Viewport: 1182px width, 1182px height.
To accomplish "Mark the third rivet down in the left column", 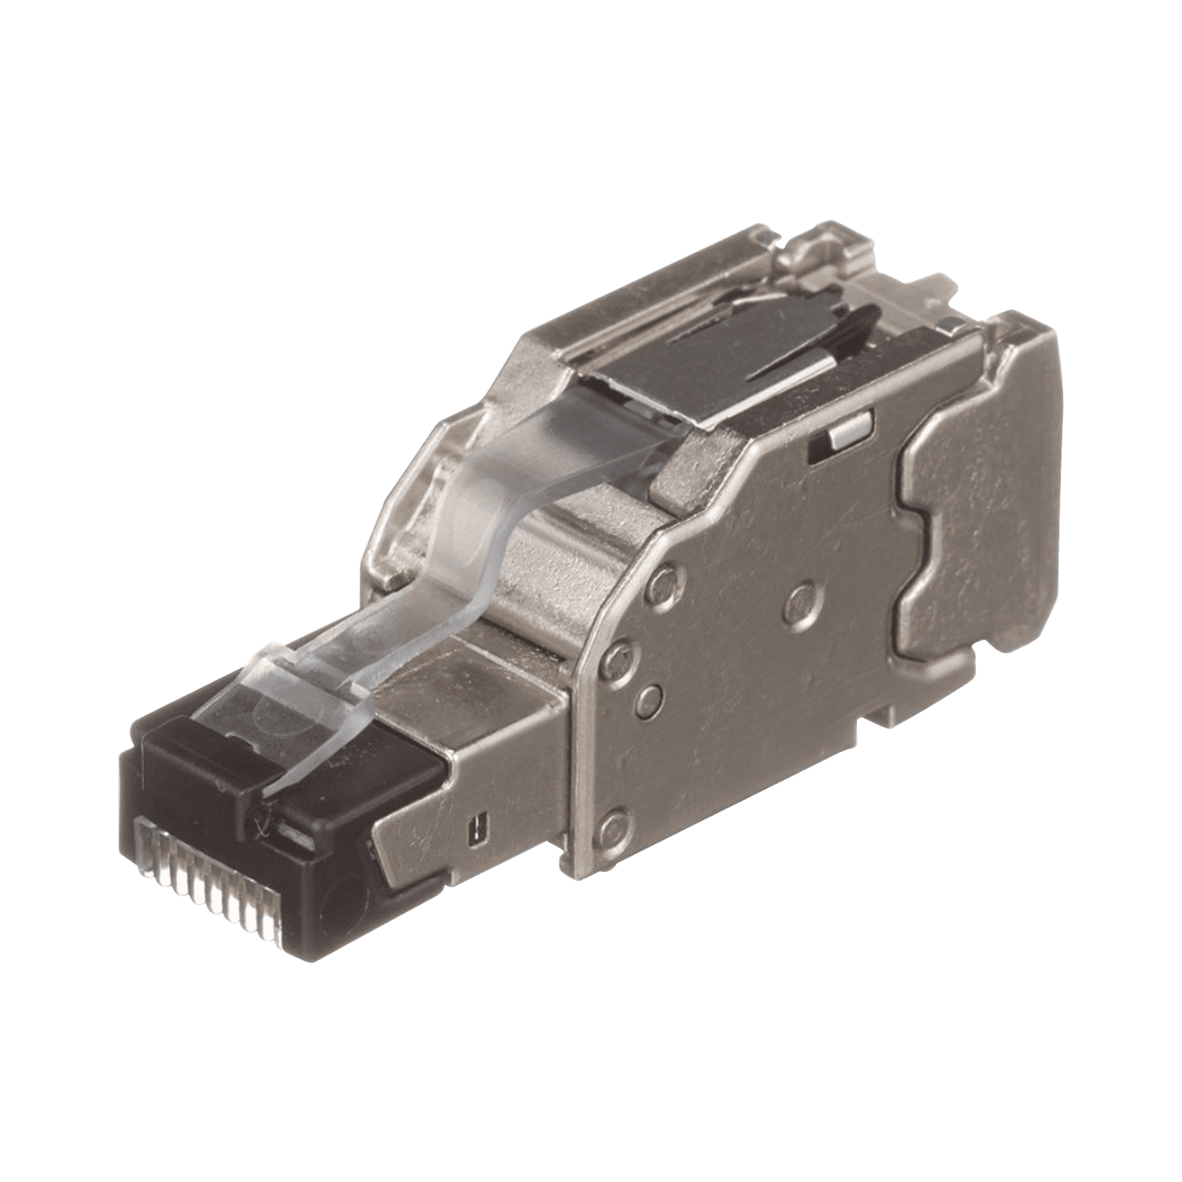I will (x=647, y=694).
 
